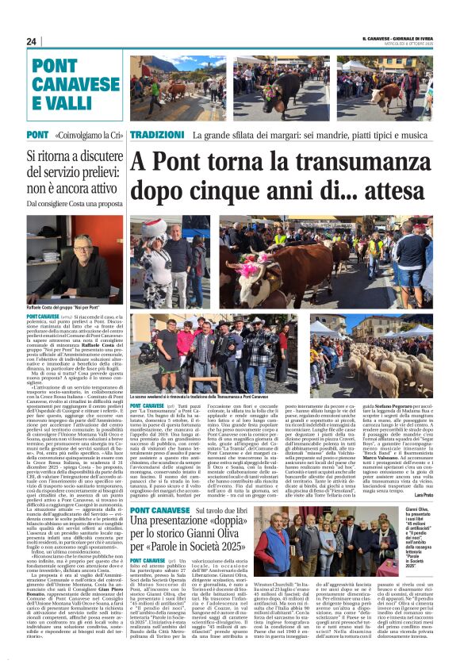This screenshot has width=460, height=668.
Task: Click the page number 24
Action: [x=32, y=41]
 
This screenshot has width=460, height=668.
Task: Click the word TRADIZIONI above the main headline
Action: [x=157, y=135]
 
